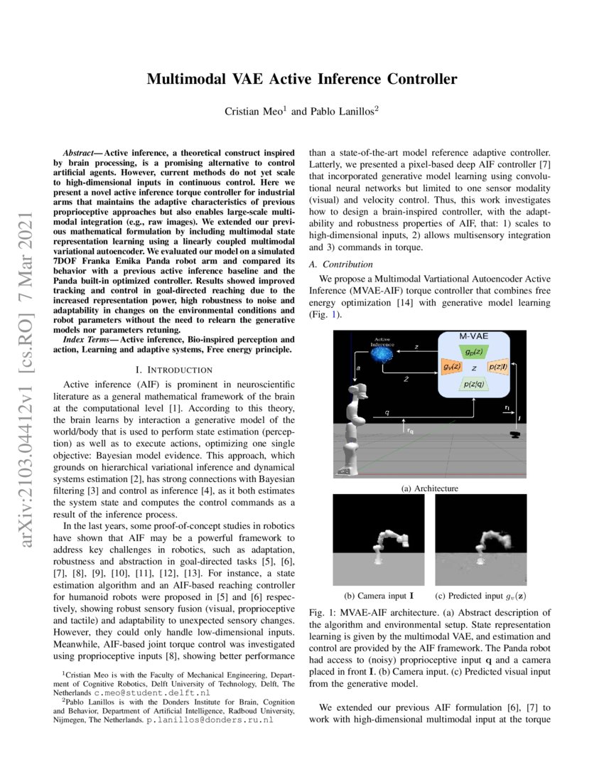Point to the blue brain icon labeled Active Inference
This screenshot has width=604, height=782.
(387, 355)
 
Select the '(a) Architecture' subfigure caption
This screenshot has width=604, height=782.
(430, 488)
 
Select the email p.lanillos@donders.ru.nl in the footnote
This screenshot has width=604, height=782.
(210, 720)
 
